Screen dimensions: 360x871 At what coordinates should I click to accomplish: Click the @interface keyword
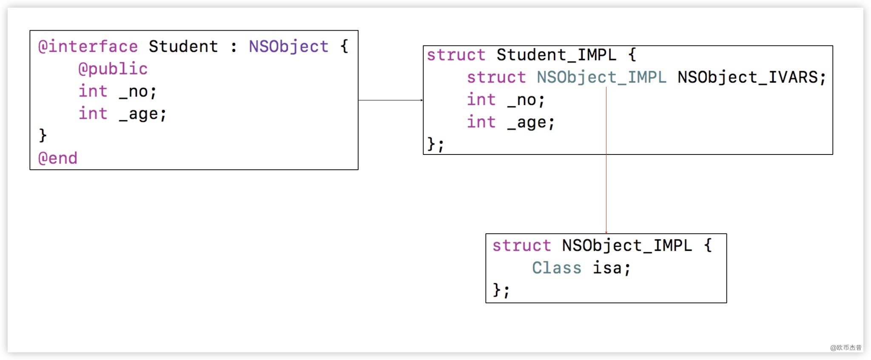point(88,47)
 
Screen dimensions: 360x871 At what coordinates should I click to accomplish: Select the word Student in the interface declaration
point(183,47)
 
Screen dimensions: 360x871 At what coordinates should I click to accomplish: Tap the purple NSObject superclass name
point(288,47)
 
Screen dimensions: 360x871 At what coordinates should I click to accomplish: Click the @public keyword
point(113,69)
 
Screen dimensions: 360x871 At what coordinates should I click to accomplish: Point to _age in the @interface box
point(142,114)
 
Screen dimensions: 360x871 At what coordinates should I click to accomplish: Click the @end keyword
point(58,158)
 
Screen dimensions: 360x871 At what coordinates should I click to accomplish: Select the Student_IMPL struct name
point(556,55)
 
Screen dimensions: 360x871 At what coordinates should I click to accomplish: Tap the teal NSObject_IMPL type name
point(601,77)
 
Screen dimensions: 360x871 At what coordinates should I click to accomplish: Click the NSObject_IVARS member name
point(751,77)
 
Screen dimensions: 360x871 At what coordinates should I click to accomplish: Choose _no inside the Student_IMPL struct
point(526,100)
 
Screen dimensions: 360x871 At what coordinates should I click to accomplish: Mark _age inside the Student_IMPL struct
point(531,123)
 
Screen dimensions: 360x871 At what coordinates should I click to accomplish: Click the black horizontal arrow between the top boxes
point(390,100)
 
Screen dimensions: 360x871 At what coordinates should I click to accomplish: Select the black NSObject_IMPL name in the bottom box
point(627,246)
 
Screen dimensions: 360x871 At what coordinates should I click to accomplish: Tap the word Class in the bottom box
point(556,268)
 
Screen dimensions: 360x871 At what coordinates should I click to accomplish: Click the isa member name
point(611,268)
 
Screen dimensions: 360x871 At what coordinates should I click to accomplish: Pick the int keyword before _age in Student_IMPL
point(481,123)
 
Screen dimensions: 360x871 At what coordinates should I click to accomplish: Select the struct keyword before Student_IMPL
point(456,55)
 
